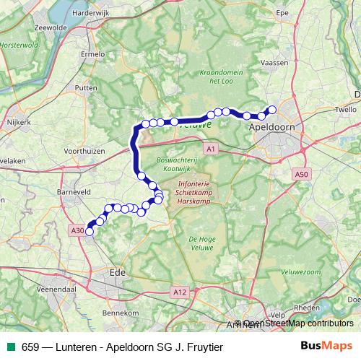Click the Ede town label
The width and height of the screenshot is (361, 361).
116,273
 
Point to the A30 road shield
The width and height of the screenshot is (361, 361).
77,230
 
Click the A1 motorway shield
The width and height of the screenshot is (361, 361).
210,149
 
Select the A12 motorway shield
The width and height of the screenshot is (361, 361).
180,292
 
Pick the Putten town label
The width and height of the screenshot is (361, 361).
86,87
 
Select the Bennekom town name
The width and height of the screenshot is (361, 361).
121,313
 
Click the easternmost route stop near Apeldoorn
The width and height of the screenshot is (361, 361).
272,110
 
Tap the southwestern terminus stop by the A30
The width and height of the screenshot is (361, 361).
90,232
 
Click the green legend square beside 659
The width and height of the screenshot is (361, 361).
12,347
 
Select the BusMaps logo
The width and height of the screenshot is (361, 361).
326,346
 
